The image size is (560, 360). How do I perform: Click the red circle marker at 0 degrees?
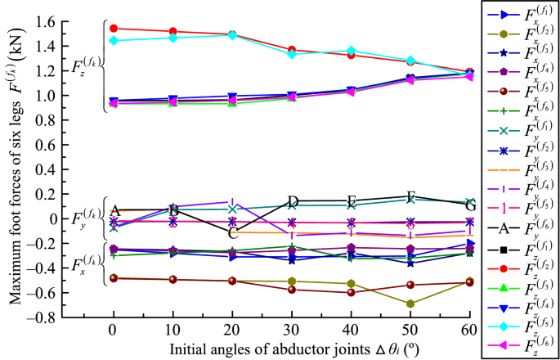(114, 29)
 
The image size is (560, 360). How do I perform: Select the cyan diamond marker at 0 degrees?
(114, 40)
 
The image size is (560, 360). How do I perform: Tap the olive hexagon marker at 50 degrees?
(410, 304)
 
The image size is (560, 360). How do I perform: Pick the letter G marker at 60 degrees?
(469, 205)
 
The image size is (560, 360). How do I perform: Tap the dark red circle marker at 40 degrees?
(352, 292)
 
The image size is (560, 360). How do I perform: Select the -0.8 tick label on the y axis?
(82, 317)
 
